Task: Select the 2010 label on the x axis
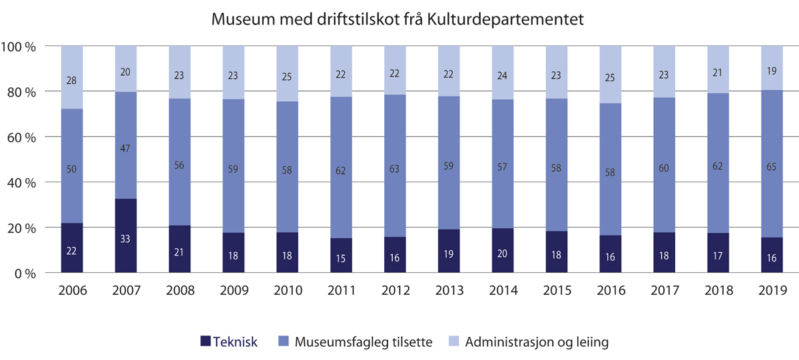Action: [x=287, y=290]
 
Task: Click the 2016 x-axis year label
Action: [x=611, y=290]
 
